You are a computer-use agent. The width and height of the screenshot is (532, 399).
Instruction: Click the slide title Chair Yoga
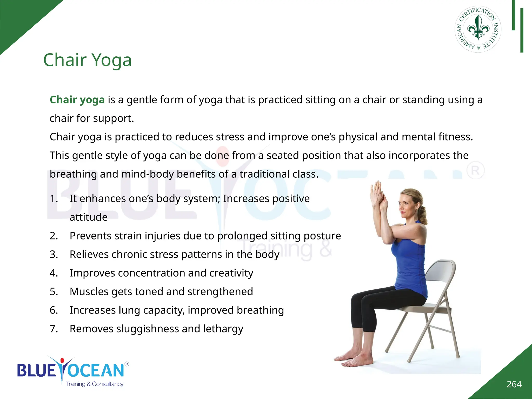click(87, 60)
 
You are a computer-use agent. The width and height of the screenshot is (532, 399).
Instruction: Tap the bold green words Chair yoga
click(77, 100)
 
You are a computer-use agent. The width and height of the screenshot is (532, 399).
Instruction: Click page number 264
click(514, 384)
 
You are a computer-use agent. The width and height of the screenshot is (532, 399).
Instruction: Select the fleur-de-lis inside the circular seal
click(478, 27)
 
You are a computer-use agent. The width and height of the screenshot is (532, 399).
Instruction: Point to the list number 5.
click(54, 292)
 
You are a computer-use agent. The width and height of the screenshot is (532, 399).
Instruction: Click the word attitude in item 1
click(88, 217)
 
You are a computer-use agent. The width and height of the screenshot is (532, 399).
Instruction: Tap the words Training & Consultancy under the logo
click(95, 384)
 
